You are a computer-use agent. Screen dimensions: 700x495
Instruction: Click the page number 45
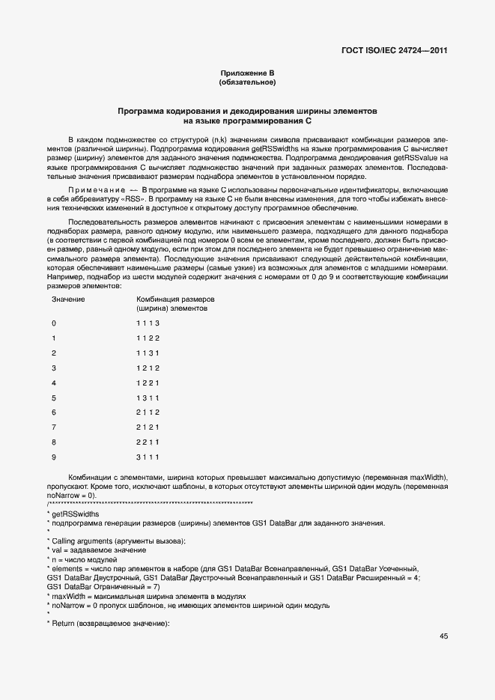point(443,636)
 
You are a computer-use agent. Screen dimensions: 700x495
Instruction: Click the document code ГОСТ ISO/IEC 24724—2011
point(394,51)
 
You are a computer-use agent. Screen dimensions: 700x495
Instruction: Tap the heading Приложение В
point(247,72)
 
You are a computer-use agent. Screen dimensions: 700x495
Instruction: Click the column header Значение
point(67,299)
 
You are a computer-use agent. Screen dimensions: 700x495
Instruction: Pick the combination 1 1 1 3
point(148,323)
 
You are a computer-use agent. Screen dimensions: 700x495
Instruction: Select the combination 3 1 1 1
point(148,457)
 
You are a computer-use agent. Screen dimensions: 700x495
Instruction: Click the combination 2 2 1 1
point(148,442)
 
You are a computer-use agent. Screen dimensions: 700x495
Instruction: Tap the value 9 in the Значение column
point(53,457)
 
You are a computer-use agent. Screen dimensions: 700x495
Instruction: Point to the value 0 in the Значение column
point(53,323)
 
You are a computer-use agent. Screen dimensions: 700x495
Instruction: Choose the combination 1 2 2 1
point(148,383)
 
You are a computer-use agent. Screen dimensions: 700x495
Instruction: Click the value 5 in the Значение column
point(53,398)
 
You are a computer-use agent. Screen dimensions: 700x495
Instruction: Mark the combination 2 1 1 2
point(148,413)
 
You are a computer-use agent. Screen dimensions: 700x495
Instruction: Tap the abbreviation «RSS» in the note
point(130,200)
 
